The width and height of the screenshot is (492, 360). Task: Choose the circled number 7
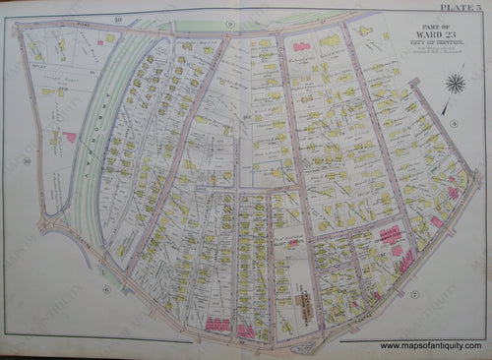click(x=416, y=294)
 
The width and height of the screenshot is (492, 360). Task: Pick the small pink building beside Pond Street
click(x=110, y=38)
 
